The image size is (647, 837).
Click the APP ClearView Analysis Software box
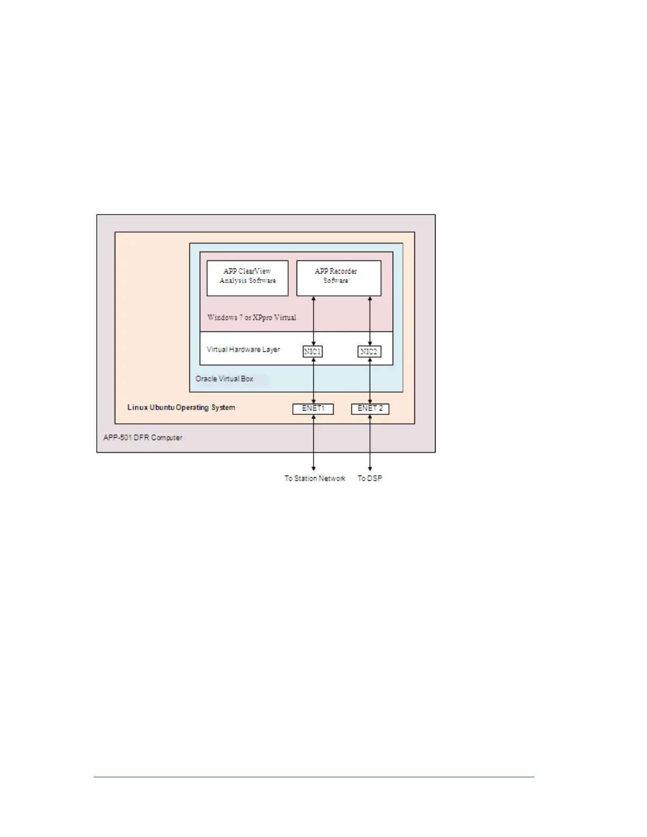click(247, 278)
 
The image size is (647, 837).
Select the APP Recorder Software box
click(338, 278)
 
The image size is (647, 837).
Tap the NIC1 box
click(312, 351)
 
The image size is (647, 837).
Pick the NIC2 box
click(369, 351)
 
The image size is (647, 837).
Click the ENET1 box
click(313, 408)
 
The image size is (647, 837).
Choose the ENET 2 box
click(370, 408)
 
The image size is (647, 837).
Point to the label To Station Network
click(315, 478)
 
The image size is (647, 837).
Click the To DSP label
click(369, 478)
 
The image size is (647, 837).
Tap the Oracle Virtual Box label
click(224, 379)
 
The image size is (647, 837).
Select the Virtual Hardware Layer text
click(243, 349)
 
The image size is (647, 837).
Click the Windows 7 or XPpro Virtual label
click(252, 318)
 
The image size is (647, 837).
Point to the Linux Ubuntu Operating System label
click(181, 407)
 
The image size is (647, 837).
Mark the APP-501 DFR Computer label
click(143, 438)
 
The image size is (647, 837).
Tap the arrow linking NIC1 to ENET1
click(314, 380)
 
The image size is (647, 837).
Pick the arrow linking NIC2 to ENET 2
click(370, 380)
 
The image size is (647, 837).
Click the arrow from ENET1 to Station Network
click(314, 442)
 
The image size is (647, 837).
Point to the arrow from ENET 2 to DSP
click(370, 442)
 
